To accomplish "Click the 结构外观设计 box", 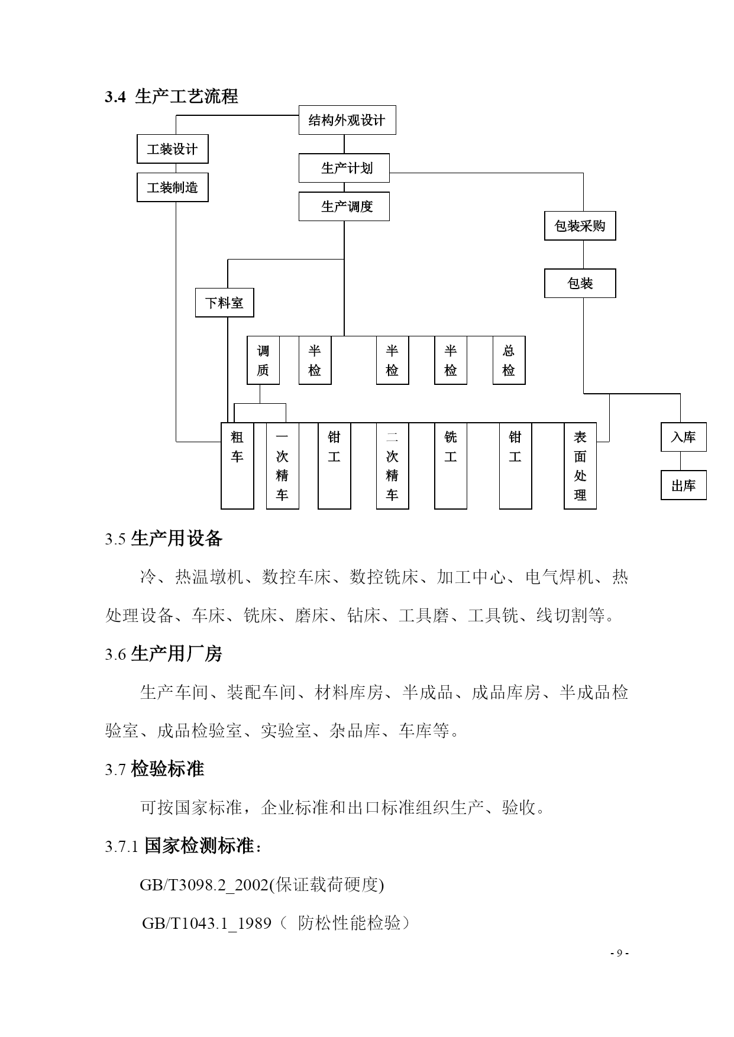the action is (347, 120).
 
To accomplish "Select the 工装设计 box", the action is (173, 149).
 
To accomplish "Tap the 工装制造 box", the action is (173, 187).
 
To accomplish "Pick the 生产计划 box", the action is (344, 168).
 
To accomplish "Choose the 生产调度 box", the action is (344, 206).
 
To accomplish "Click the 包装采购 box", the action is (580, 226).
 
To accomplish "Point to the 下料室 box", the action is (225, 303).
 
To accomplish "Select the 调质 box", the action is (263, 361).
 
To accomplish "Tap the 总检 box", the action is (509, 361).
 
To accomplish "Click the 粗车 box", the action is (237, 466).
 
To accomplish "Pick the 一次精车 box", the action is (283, 466).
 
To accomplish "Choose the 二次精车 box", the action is (393, 466).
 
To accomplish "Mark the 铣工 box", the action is (451, 466).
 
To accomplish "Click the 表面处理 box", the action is (580, 466).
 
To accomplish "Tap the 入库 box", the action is (684, 438).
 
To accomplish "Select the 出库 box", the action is (684, 485).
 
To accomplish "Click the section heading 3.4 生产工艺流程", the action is (172, 96).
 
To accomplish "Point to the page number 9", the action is (619, 954).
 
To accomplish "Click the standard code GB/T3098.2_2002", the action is (204, 885).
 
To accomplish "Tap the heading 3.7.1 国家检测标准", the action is (183, 846).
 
